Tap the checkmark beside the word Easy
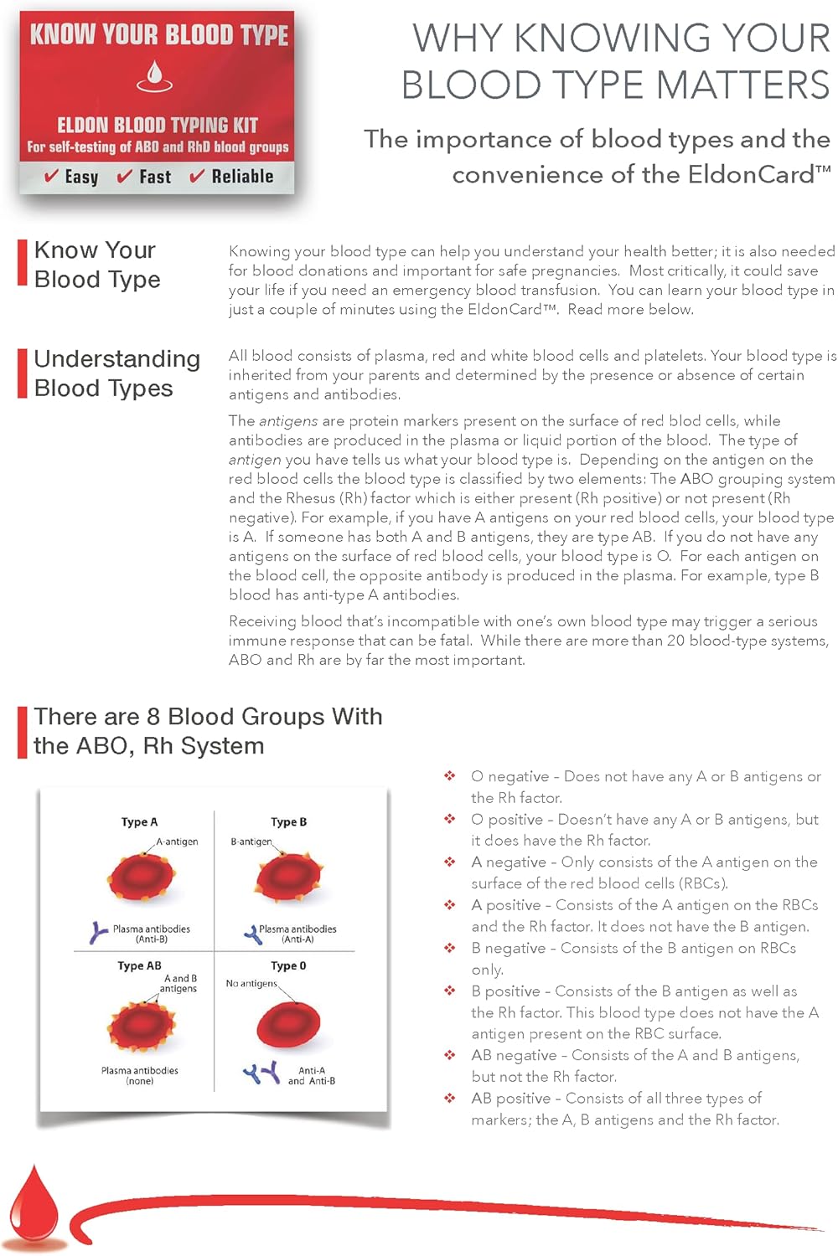[51, 177]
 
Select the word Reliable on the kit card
[242, 177]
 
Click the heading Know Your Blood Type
[96, 265]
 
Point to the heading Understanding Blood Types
[116, 373]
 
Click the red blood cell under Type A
[140, 878]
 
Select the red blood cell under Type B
[288, 878]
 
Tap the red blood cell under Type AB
[140, 1027]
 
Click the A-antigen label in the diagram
[177, 842]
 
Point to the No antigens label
[251, 983]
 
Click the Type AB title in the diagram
[139, 965]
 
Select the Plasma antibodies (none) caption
[139, 1075]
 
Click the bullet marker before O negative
[450, 776]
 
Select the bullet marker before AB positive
[450, 1098]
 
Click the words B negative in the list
[508, 948]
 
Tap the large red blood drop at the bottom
[34, 1206]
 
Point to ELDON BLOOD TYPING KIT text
[157, 126]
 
